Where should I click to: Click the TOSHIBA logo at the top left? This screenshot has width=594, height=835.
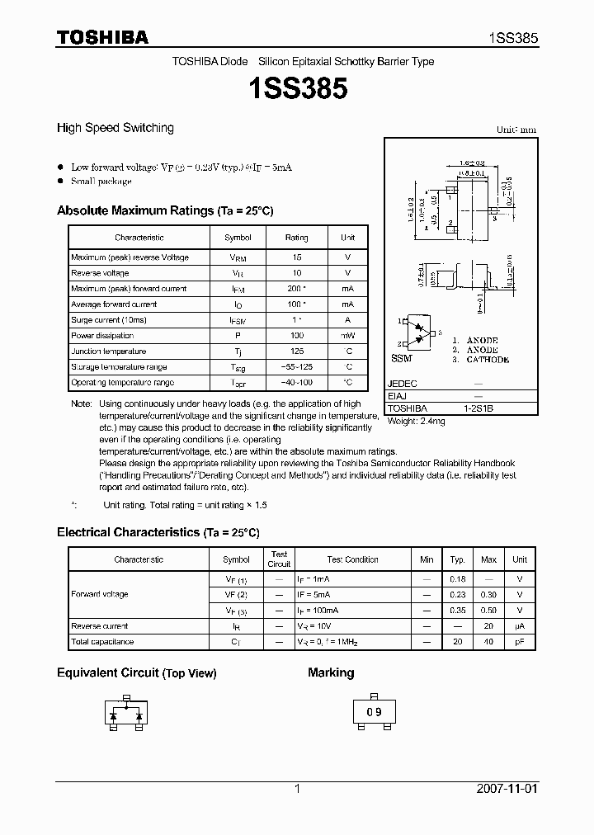click(102, 37)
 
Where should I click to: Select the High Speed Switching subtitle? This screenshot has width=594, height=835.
click(115, 128)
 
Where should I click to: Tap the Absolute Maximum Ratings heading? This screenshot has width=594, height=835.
click(165, 211)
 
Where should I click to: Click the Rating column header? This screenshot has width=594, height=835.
click(296, 238)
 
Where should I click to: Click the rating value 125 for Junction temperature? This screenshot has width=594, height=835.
click(296, 351)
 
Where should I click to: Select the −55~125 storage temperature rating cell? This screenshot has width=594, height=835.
click(296, 367)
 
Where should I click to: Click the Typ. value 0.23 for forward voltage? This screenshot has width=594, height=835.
click(457, 595)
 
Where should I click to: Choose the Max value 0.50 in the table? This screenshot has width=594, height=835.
click(488, 611)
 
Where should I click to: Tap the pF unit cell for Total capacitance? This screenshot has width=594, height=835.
click(519, 642)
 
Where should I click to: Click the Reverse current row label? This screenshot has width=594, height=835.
click(99, 626)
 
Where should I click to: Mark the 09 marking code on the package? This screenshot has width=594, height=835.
click(374, 712)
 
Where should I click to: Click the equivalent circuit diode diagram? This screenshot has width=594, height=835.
click(127, 714)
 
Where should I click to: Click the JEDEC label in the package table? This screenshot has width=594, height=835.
click(403, 384)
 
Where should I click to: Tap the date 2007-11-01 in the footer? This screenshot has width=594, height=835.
click(507, 790)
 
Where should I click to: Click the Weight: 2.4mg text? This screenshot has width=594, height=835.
click(417, 422)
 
